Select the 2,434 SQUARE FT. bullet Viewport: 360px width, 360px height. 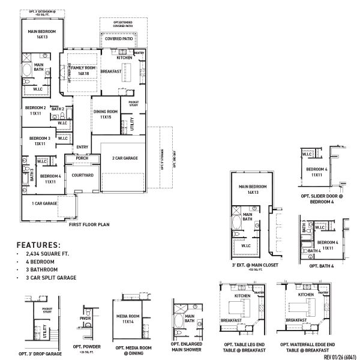[x=45, y=255]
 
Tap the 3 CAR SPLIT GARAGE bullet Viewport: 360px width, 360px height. [x=49, y=278]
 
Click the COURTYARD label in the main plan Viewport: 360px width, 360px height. [x=82, y=175]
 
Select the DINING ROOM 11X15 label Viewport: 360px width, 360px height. [x=106, y=114]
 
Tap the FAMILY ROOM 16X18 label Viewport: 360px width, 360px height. [x=83, y=71]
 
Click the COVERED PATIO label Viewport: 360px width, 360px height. [x=119, y=39]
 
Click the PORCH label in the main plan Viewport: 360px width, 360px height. [x=82, y=158]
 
